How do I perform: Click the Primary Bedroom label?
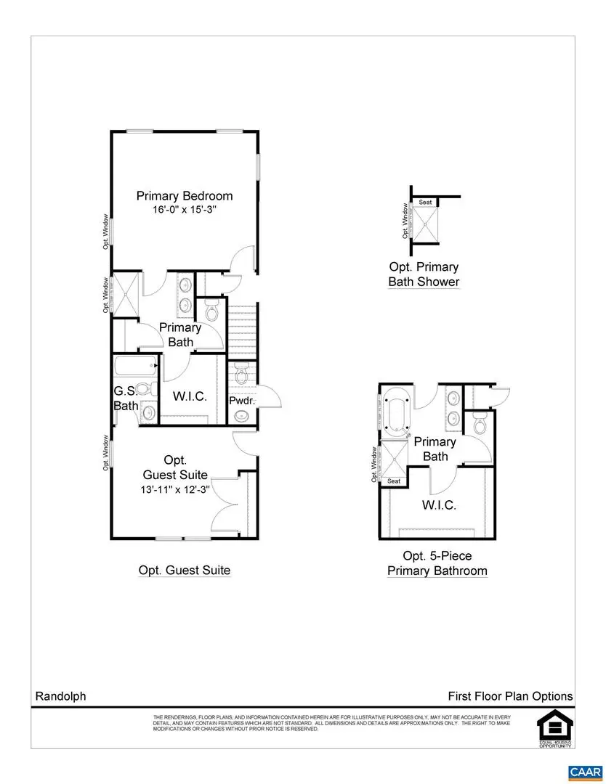[x=185, y=196]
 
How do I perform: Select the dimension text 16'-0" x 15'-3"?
[x=185, y=210]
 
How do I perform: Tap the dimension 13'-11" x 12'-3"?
[x=174, y=489]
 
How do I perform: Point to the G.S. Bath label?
[x=125, y=399]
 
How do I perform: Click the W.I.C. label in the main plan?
[x=190, y=396]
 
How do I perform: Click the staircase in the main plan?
[x=243, y=330]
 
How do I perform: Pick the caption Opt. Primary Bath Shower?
[x=424, y=274]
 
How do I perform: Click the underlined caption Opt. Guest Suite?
[x=185, y=571]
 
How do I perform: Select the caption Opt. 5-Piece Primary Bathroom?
[x=437, y=563]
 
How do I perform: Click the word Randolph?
[x=60, y=696]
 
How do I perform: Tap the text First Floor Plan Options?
[x=510, y=696]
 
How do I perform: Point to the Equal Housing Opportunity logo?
[x=554, y=726]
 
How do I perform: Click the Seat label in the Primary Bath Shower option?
[x=425, y=203]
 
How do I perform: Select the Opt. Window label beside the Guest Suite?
[x=106, y=453]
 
